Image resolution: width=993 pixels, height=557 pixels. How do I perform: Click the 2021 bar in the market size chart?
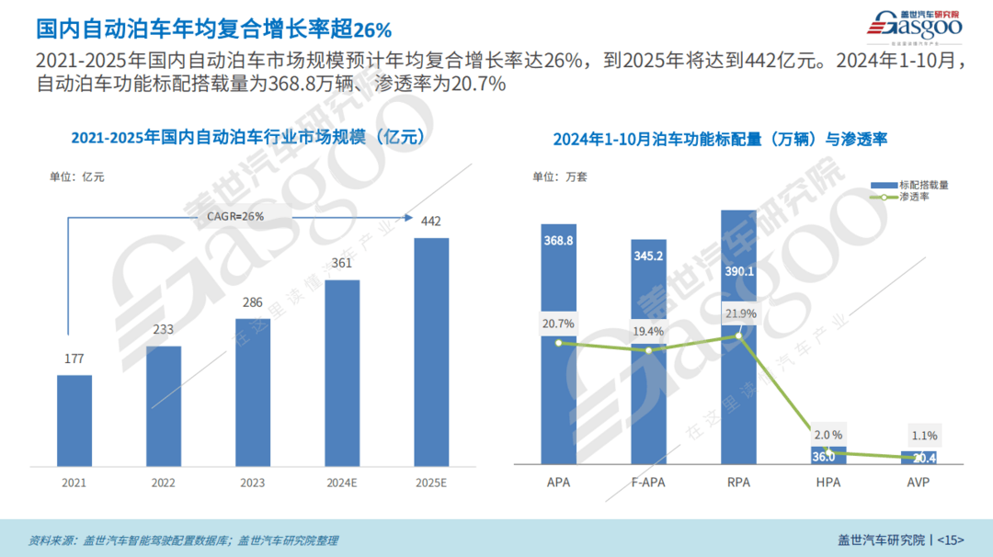click(x=74, y=419)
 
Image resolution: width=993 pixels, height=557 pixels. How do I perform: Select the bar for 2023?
click(x=253, y=392)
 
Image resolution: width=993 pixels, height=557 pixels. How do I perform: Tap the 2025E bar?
click(x=431, y=351)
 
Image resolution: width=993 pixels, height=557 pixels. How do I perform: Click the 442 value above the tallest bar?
click(x=431, y=222)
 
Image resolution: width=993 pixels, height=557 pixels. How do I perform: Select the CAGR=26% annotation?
click(x=235, y=217)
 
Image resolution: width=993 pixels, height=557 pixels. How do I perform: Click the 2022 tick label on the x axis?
click(x=164, y=482)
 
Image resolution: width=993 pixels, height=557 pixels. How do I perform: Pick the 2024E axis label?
click(x=342, y=482)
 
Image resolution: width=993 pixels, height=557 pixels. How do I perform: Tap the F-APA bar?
click(x=648, y=351)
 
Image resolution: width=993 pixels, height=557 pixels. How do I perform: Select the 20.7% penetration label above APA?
click(x=559, y=323)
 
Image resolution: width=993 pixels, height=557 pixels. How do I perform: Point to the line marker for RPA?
click(x=738, y=336)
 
